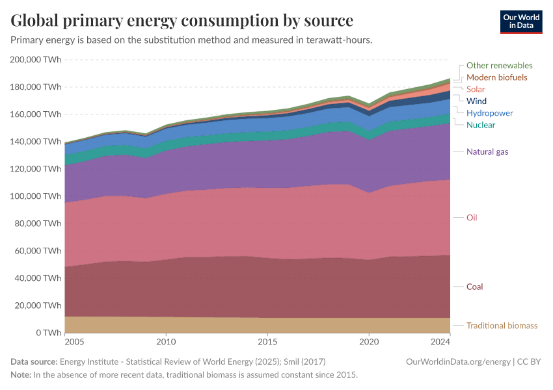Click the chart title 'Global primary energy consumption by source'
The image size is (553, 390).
pyautogui.click(x=182, y=20)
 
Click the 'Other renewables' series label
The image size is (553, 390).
pyautogui.click(x=499, y=66)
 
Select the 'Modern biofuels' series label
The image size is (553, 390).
pyautogui.click(x=496, y=77)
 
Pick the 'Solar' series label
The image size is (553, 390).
pyautogui.click(x=476, y=89)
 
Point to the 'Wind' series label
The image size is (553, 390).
pyautogui.click(x=476, y=101)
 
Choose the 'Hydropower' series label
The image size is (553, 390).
pyautogui.click(x=489, y=113)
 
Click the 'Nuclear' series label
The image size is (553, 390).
pyautogui.click(x=480, y=125)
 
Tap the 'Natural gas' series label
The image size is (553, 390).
pyautogui.click(x=487, y=152)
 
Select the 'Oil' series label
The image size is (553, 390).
pyautogui.click(x=472, y=218)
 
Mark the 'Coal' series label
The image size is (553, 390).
pyautogui.click(x=474, y=287)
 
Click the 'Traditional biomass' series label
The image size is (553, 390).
pyautogui.click(x=502, y=326)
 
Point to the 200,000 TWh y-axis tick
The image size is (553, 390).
pyautogui.click(x=36, y=60)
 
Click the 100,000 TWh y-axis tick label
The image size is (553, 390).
pyautogui.click(x=36, y=196)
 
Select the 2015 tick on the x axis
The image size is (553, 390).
pyautogui.click(x=267, y=341)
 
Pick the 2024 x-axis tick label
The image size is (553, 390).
pyautogui.click(x=440, y=341)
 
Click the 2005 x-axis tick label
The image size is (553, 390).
pyautogui.click(x=74, y=341)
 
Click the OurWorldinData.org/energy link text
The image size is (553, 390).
pyautogui.click(x=458, y=361)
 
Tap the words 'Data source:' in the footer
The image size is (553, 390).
pyautogui.click(x=34, y=361)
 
